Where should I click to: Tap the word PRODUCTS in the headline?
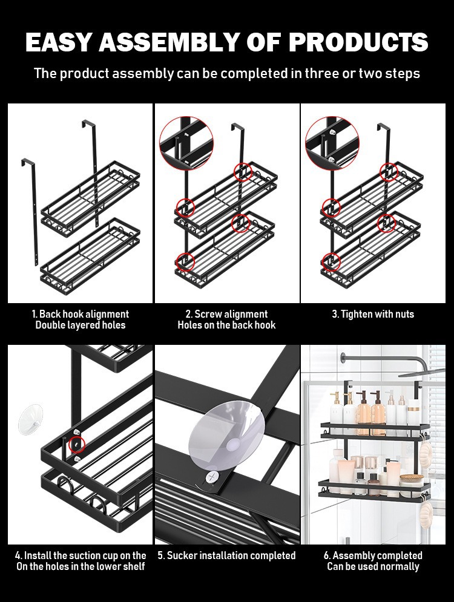(358, 42)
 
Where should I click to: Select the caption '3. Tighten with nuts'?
(373, 314)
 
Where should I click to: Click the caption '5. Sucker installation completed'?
(226, 555)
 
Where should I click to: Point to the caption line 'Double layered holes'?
(81, 325)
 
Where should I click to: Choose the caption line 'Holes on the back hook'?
(226, 325)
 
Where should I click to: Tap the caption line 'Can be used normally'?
(373, 566)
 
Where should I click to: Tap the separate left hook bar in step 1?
(33, 212)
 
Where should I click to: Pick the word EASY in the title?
(59, 42)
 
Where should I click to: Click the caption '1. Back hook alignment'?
(81, 314)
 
